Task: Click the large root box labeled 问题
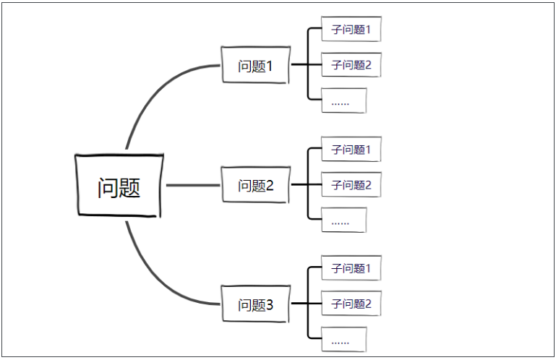pos(119,186)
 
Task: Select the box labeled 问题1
pos(255,66)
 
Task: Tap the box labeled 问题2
pos(255,186)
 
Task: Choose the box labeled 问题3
pos(255,305)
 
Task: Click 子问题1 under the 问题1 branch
pos(351,30)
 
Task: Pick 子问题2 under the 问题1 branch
pos(351,65)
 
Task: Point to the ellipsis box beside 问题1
pos(344,101)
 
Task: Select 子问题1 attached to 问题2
pos(351,150)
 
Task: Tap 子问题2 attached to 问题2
pos(351,185)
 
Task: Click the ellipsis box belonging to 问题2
pos(344,220)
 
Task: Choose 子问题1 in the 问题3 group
pos(351,269)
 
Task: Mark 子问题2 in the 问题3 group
pos(351,304)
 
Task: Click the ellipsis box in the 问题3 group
pos(344,339)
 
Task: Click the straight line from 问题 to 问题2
pos(192,185)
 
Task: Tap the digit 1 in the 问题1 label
pos(270,67)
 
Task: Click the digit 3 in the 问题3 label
pos(270,306)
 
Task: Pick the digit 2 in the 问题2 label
pos(270,187)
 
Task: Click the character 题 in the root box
pos(130,188)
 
